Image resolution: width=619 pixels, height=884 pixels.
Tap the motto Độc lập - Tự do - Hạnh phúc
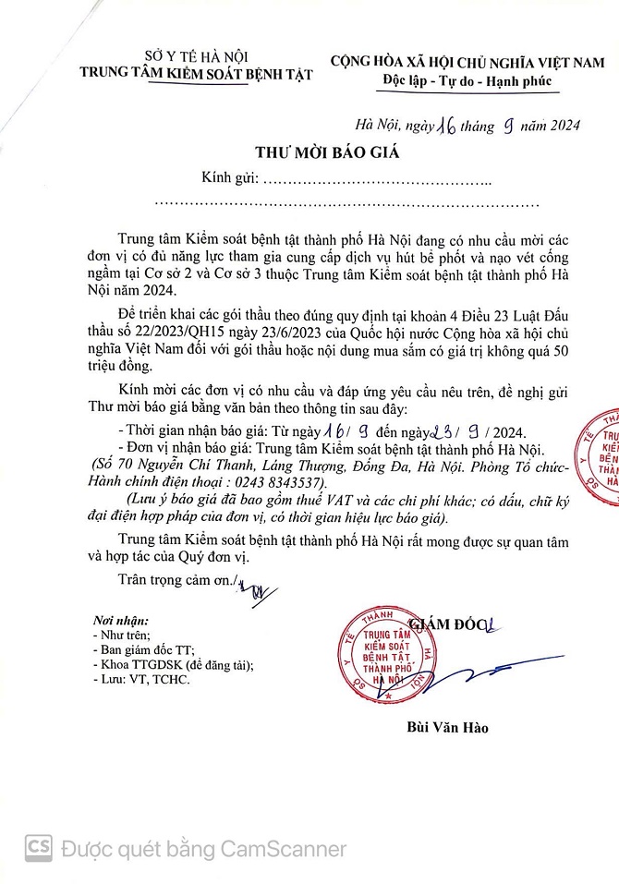point(467,80)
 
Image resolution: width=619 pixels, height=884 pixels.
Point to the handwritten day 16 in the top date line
point(425,127)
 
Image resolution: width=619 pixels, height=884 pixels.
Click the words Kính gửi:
point(230,177)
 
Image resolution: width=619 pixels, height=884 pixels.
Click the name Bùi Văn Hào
point(447,727)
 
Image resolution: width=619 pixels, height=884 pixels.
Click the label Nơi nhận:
point(120,620)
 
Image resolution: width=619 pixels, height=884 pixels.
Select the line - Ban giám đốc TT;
point(146,649)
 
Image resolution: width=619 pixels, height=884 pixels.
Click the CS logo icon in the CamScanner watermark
point(38,847)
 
